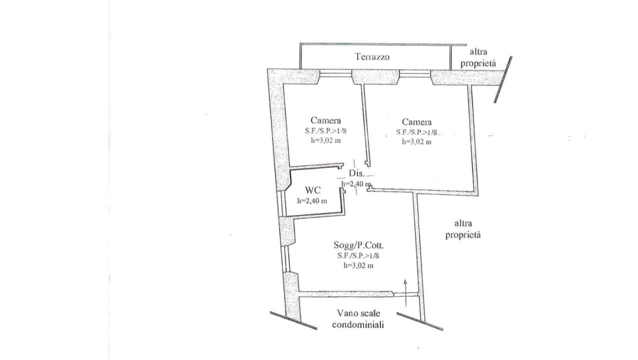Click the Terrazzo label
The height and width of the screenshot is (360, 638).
pos(372,57)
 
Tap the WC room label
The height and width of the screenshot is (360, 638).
pos(313,190)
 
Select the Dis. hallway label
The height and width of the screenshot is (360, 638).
pos(357,173)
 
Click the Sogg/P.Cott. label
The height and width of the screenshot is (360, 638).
pos(359,245)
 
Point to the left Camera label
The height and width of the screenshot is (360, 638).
pos(326,120)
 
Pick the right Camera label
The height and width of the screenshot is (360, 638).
pos(417,122)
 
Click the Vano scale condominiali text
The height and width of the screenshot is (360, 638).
pos(358,319)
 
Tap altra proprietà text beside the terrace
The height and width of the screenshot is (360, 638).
pos(478,58)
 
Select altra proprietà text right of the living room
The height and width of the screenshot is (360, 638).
pos(463,229)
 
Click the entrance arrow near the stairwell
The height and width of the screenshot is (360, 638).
pos(405,293)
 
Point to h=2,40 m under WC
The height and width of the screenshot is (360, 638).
pos(312,201)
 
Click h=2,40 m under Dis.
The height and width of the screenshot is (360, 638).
pos(356,184)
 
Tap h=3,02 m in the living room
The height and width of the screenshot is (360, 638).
pos(358,265)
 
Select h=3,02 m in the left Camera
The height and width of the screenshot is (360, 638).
pos(326,140)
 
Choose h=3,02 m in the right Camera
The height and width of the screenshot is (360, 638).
pos(417,141)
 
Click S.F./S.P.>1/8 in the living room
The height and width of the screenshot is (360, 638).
pos(358,255)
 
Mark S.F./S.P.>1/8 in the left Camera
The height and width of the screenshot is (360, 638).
pos(326,131)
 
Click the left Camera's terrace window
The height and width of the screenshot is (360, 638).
pos(336,73)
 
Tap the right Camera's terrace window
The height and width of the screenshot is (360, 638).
pos(415,73)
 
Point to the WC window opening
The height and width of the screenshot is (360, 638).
pos(281,203)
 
